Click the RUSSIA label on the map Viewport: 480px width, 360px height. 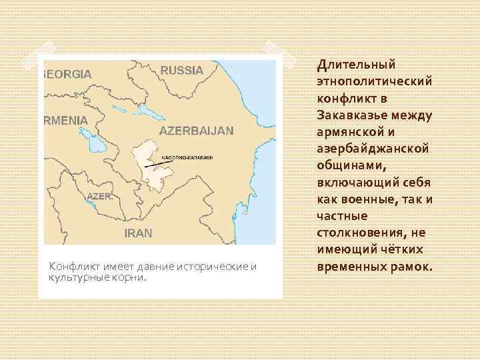coord(181,70)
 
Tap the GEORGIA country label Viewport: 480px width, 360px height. coord(67,74)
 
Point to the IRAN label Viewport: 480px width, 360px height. coord(138,233)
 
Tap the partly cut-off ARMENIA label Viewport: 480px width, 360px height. coord(65,120)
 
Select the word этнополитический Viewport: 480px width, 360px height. coord(375,81)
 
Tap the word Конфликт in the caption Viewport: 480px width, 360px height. coord(72,267)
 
